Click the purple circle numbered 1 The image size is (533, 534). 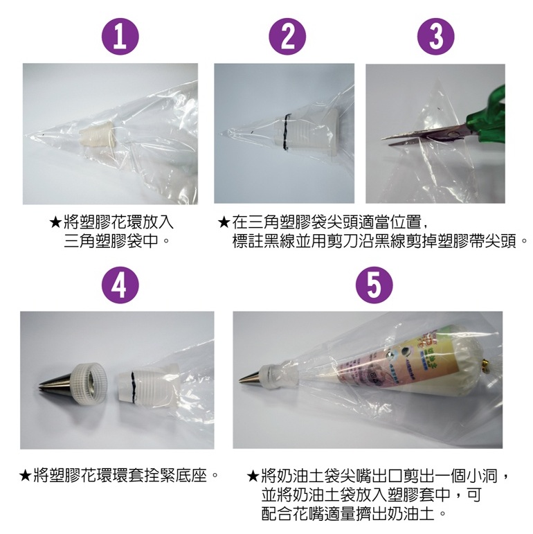[x=120, y=37]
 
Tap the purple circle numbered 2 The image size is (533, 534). [x=287, y=37]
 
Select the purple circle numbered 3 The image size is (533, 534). [x=435, y=37]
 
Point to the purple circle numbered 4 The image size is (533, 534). [x=120, y=285]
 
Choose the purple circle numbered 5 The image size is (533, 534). [x=374, y=285]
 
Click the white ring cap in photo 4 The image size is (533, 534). [x=89, y=384]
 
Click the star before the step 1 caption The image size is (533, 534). [x=55, y=222]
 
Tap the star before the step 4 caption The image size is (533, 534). [x=26, y=474]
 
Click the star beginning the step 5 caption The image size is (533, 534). [x=253, y=475]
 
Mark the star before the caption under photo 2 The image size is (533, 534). [x=224, y=222]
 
